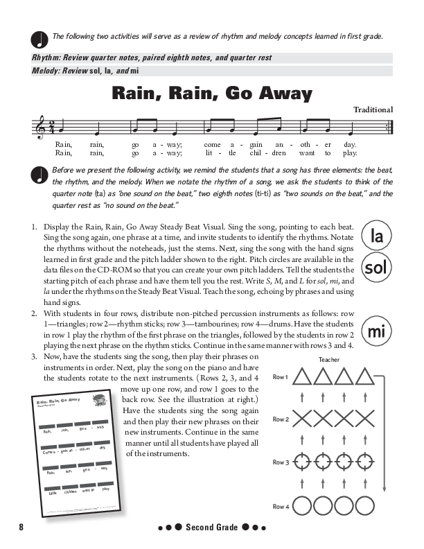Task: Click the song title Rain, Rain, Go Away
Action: [212, 94]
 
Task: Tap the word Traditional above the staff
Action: [373, 110]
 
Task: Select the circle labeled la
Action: [378, 237]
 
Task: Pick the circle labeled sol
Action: [378, 268]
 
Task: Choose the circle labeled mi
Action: [378, 331]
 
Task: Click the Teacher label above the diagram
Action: [330, 359]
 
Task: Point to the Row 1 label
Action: [280, 376]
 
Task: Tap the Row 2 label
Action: [280, 419]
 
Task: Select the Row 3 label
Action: [280, 462]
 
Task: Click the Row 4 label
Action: [280, 507]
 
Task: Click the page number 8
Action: [21, 528]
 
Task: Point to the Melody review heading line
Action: [104, 71]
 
